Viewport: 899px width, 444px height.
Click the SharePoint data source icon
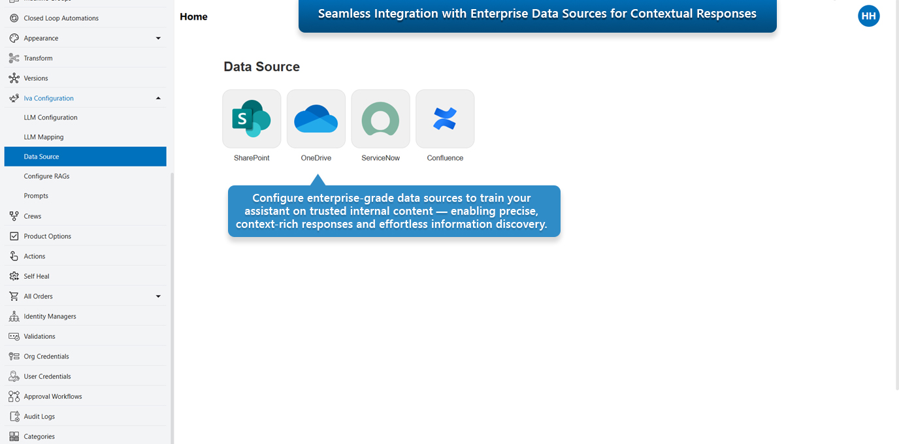point(252,119)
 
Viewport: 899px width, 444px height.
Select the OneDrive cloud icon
point(316,119)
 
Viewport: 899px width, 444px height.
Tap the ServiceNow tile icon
point(380,119)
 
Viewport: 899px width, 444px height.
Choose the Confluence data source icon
point(445,119)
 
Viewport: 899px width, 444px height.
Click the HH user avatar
point(868,16)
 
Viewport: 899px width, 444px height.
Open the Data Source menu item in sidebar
point(41,157)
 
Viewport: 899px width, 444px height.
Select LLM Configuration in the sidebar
point(50,118)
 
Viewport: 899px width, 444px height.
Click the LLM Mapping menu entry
point(44,137)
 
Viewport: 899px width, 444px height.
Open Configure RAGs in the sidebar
point(46,176)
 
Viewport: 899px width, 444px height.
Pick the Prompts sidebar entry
point(36,196)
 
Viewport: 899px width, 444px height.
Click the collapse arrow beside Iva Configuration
point(158,98)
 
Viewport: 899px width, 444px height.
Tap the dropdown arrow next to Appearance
point(158,39)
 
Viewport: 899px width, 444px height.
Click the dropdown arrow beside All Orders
point(158,296)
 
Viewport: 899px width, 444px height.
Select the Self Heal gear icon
point(14,276)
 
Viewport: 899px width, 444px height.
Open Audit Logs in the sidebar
point(39,417)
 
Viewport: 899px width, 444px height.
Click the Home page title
point(193,17)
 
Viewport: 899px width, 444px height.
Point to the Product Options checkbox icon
point(14,236)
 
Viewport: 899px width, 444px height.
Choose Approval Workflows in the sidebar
point(53,396)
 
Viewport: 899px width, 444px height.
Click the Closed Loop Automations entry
point(61,18)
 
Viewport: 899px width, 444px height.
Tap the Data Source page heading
point(261,67)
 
